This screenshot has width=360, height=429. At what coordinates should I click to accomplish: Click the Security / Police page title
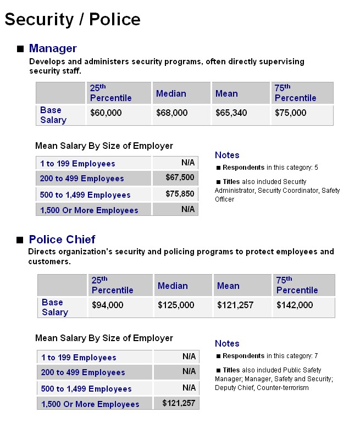[73, 19]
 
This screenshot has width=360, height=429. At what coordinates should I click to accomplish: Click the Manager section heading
[53, 48]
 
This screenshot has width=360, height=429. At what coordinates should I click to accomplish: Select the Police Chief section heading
[62, 239]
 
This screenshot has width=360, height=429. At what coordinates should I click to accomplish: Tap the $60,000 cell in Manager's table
[106, 113]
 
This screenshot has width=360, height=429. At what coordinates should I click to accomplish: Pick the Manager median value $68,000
[171, 113]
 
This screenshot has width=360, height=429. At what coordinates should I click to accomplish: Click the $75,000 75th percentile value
[290, 113]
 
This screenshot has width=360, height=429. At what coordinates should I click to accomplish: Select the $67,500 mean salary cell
[180, 177]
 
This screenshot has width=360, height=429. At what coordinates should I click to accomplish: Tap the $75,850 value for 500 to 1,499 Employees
[180, 194]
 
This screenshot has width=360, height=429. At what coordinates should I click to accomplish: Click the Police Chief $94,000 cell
[107, 305]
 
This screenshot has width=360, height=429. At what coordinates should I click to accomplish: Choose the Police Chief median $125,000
[176, 305]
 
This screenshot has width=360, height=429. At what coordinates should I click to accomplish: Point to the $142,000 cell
[295, 305]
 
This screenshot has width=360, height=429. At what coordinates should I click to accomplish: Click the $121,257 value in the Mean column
[235, 305]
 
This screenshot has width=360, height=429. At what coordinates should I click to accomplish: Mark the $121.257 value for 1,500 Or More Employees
[179, 403]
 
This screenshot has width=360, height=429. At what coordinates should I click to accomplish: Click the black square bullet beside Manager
[20, 49]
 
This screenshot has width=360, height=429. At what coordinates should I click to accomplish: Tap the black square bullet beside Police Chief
[20, 240]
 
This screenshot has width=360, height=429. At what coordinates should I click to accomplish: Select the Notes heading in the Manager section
[227, 155]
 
